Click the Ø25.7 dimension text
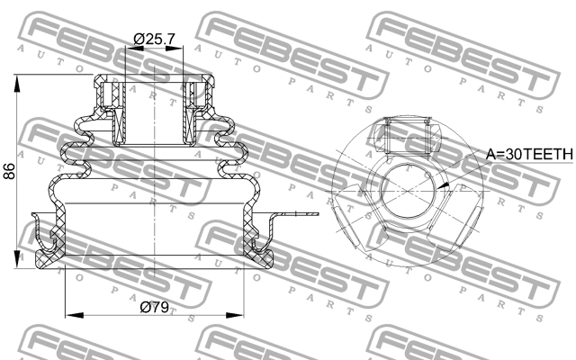[x=154, y=40]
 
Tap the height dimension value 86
[x=10, y=171]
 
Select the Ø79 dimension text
[x=155, y=307]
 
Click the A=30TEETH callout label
[x=529, y=155]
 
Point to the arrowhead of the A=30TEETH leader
[x=442, y=185]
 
